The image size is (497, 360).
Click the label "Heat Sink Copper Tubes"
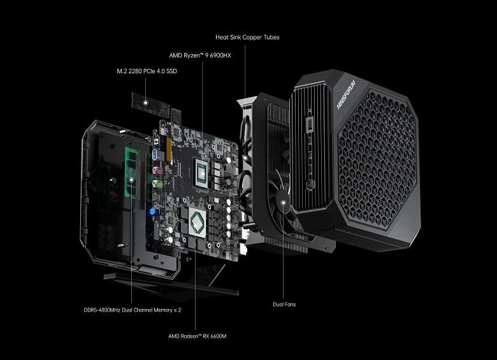[247, 38]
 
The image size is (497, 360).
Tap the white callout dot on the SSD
[146, 101]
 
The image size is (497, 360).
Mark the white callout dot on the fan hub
[283, 205]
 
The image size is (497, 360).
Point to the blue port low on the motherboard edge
[154, 210]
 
